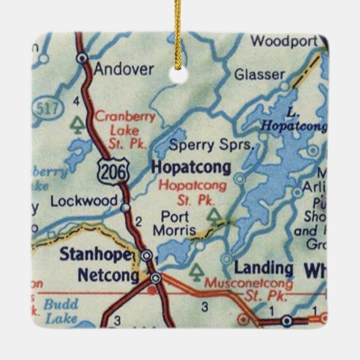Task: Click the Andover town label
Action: [124, 69]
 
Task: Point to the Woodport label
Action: [284, 41]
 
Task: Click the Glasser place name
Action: [259, 74]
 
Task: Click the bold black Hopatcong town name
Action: [191, 167]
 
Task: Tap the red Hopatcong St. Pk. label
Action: [193, 192]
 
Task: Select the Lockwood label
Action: [84, 201]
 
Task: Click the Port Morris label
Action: [178, 223]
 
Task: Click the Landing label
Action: [263, 268]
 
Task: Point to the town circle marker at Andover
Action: [83, 57]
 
